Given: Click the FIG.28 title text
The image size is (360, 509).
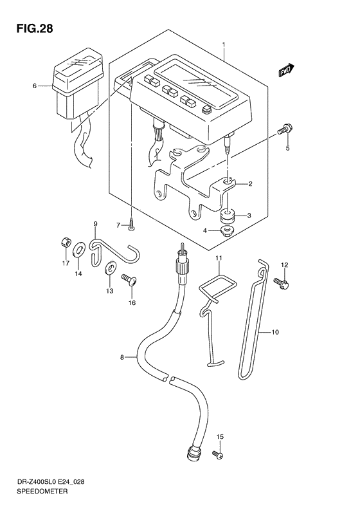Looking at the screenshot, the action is tap(34, 29).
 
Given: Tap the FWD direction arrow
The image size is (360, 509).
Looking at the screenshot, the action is tap(286, 71).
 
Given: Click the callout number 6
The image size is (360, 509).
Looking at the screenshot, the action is tap(34, 86).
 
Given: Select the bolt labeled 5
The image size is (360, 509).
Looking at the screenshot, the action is tap(285, 129).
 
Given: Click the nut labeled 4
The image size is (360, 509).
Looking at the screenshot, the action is tap(226, 232).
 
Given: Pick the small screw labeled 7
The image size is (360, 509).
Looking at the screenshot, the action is tap(131, 225).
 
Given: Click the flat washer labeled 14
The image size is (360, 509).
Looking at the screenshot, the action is tap(79, 250).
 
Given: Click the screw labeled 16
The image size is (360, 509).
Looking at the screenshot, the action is tap(129, 280).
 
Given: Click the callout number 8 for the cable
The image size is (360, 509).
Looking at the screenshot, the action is tap(122, 357).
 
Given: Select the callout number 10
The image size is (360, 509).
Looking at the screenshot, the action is tap(275, 332).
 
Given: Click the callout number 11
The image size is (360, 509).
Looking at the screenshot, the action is tap(219, 259).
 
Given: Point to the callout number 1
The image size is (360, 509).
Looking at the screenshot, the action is tap(224, 44).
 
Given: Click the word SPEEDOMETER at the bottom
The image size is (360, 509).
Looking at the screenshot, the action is tap(42, 491).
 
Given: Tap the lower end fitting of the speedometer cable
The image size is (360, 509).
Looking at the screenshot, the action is tap(195, 452).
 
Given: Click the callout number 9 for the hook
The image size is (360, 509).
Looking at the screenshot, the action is tap(95, 224).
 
